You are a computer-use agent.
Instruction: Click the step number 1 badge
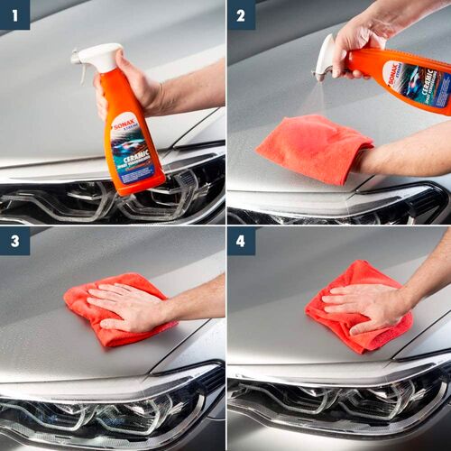click(14, 14)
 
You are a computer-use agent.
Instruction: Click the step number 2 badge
click(241, 14)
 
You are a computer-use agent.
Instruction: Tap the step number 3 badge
click(14, 241)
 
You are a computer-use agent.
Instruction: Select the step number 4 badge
click(241, 241)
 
